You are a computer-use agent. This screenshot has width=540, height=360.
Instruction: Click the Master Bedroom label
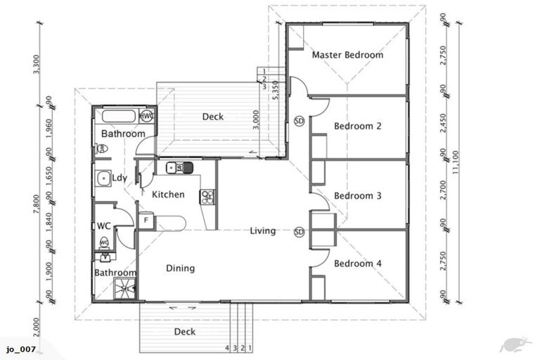pos(347,55)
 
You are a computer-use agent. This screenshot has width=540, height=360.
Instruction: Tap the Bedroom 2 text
pos(357,127)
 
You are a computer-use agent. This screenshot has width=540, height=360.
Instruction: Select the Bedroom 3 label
pos(357,195)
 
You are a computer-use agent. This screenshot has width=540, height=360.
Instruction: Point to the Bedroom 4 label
pos(357,264)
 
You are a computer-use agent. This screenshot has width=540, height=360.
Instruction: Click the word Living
pos(262,231)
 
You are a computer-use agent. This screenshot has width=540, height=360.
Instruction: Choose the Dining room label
pos(180,268)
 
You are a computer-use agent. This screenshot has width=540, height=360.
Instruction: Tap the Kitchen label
pos(169,195)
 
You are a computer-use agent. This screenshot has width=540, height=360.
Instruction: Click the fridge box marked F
pos(146,221)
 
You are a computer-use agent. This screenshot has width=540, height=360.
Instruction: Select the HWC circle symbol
pos(147,116)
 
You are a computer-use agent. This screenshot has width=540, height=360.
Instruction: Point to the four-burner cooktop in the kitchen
pos(207,198)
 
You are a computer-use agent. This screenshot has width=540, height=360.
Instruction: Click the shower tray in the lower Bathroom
pos(126,289)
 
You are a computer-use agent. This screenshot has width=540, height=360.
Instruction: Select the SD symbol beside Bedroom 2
pos(299,120)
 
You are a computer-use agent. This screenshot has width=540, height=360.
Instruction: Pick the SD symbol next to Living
pos(299,232)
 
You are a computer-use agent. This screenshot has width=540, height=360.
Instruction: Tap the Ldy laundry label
pos(120,178)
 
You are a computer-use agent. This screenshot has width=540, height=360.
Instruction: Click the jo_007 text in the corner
pos(20,349)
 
